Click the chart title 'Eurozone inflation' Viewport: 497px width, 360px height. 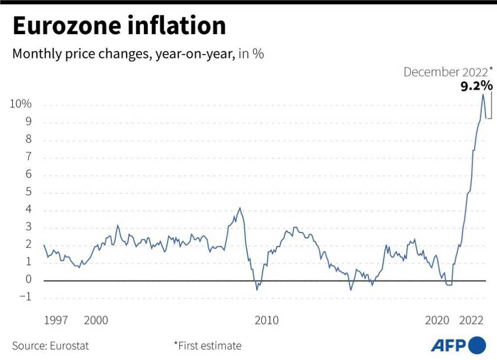[119, 26]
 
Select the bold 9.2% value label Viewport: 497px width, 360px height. [476, 86]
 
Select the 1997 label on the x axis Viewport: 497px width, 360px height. [55, 320]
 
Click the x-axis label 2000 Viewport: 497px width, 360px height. [96, 320]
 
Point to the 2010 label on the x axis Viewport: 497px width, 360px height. [266, 320]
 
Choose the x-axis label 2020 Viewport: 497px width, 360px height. [437, 320]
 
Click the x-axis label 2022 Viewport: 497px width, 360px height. [471, 320]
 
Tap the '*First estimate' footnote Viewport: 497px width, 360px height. [207, 346]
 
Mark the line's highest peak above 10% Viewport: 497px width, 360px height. [483, 94]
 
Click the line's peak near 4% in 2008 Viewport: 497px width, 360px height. [240, 207]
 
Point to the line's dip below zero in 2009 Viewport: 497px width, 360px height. [257, 290]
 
